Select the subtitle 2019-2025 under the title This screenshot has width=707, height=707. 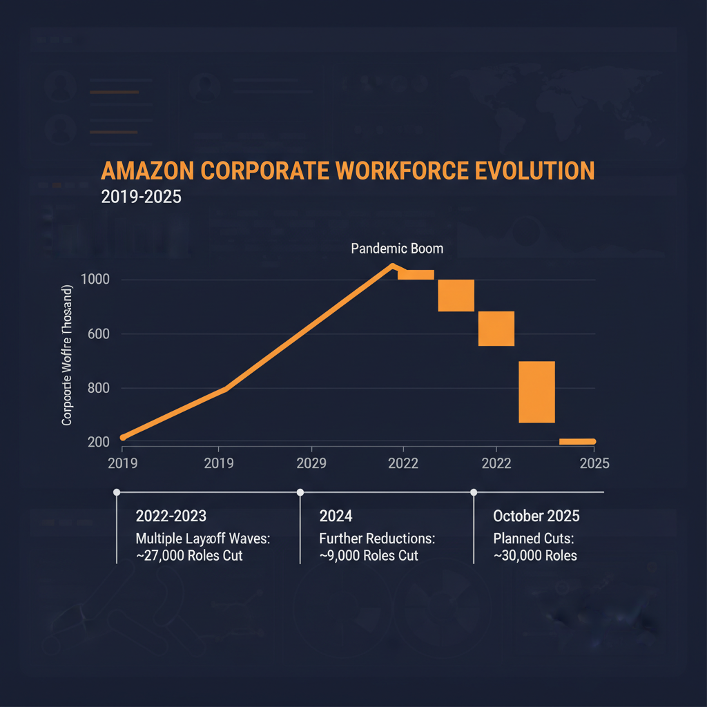141,197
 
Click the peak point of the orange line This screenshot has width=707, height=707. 392,266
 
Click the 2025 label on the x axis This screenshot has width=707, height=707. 594,463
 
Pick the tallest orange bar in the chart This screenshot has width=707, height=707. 536,391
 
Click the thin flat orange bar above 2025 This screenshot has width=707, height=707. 577,441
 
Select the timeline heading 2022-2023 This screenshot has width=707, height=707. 171,516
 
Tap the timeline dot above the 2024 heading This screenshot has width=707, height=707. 300,492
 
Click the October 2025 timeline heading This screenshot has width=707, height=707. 536,516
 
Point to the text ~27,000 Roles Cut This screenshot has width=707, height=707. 189,555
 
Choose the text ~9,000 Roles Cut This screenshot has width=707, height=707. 369,555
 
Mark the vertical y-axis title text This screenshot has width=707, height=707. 68,354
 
